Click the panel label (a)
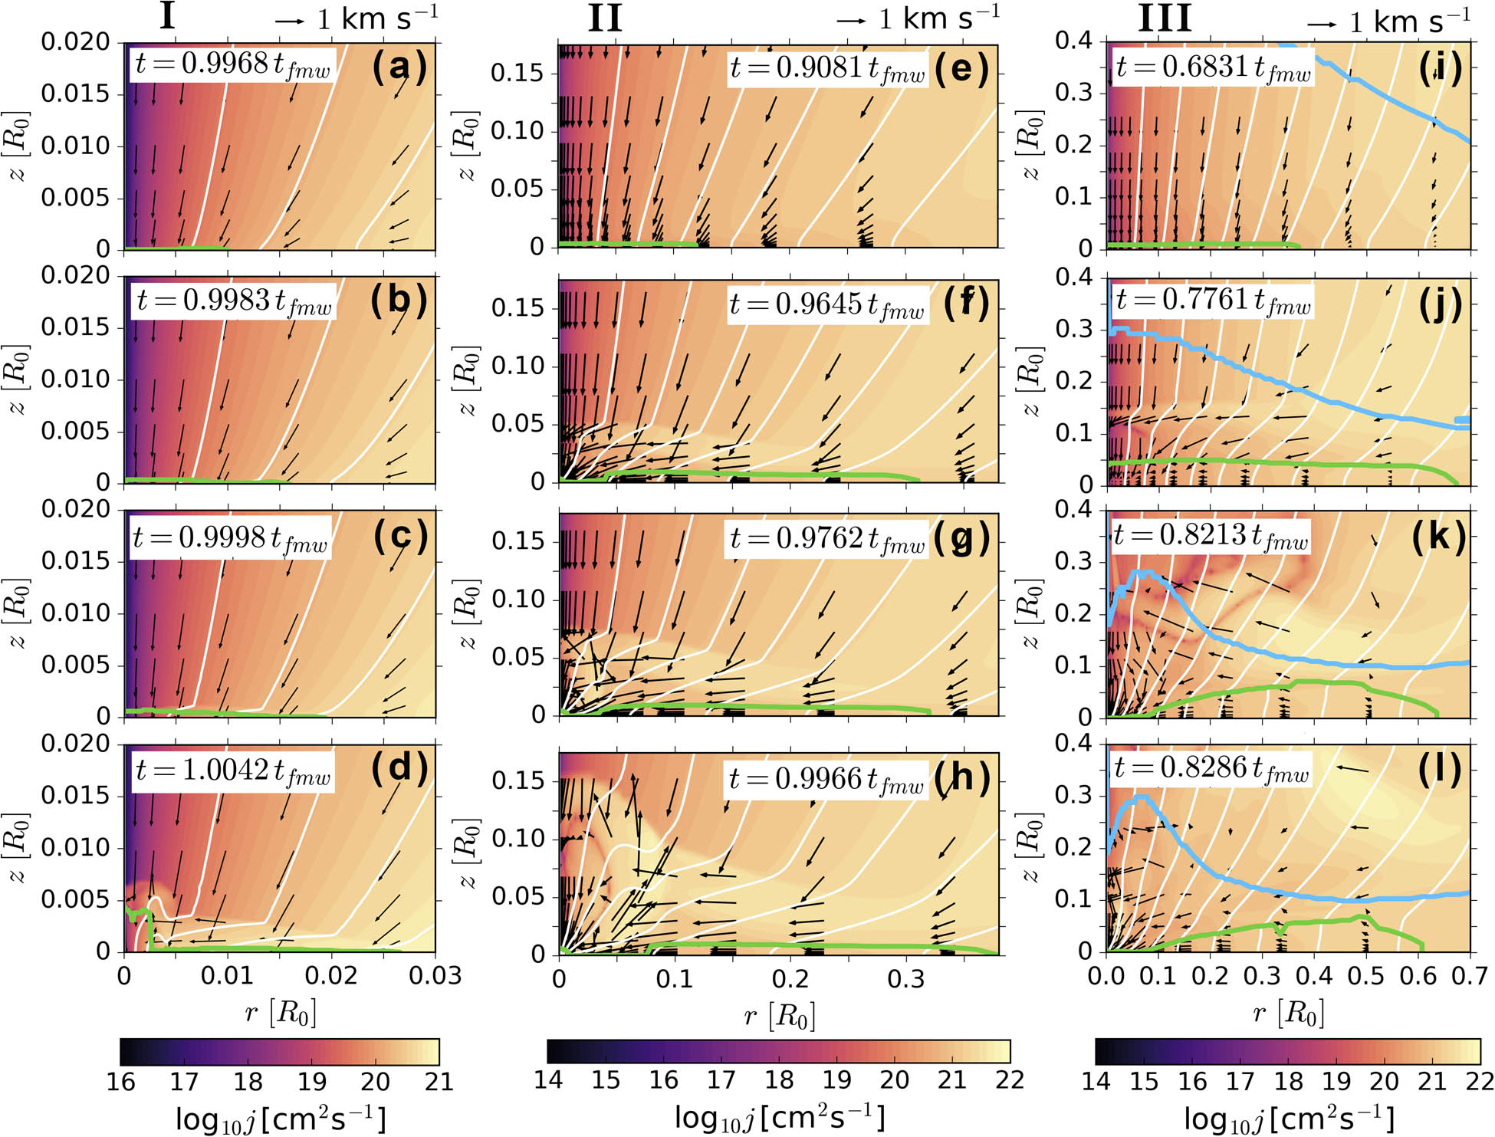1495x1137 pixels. pyautogui.click(x=399, y=67)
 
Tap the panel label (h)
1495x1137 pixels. pyautogui.click(x=961, y=778)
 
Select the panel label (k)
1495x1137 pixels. pyautogui.click(x=1439, y=537)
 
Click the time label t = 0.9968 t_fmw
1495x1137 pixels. pyautogui.click(x=232, y=64)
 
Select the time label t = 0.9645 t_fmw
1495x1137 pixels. pyautogui.click(x=826, y=305)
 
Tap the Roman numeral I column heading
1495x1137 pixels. pyautogui.click(x=167, y=17)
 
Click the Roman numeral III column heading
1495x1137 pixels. pyautogui.click(x=1164, y=18)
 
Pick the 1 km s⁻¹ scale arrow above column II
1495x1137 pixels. pyautogui.click(x=851, y=21)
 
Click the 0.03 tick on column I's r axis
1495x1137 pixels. pyautogui.click(x=435, y=976)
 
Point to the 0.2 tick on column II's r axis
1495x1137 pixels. pyautogui.click(x=790, y=979)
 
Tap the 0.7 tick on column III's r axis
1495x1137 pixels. pyautogui.click(x=1470, y=976)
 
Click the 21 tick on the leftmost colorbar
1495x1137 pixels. pyautogui.click(x=439, y=1081)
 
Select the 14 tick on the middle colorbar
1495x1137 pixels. pyautogui.click(x=548, y=1080)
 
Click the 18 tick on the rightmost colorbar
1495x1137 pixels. pyautogui.click(x=1288, y=1081)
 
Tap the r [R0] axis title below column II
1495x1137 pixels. pyautogui.click(x=779, y=1017)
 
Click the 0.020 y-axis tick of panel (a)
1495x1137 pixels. pyautogui.click(x=76, y=42)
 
